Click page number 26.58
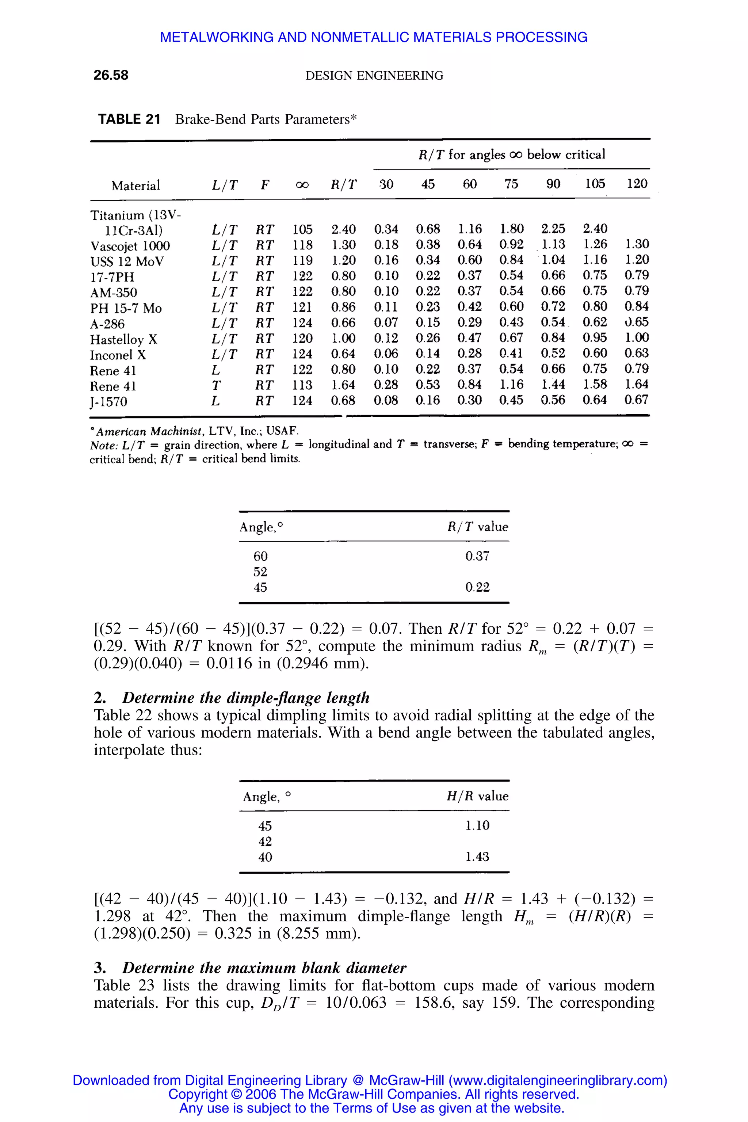pyautogui.click(x=111, y=75)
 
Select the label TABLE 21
pyautogui.click(x=129, y=119)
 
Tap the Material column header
pyautogui.click(x=136, y=186)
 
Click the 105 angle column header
pyautogui.click(x=595, y=184)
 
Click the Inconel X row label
pyautogui.click(x=118, y=355)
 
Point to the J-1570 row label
pyautogui.click(x=109, y=402)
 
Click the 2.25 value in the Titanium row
pyautogui.click(x=553, y=229)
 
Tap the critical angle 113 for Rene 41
pyautogui.click(x=302, y=385)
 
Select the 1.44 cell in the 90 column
pyautogui.click(x=553, y=385)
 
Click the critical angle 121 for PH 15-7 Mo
pyautogui.click(x=302, y=307)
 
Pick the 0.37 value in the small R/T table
pyautogui.click(x=477, y=556)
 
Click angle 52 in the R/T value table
pyautogui.click(x=260, y=572)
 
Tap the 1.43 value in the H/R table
pyautogui.click(x=477, y=857)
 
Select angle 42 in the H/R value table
pyautogui.click(x=265, y=841)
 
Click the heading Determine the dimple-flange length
pyautogui.click(x=246, y=698)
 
